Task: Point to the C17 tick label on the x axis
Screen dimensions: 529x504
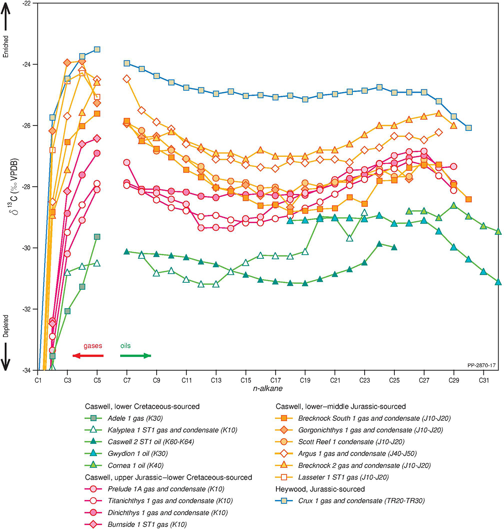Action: point(275,380)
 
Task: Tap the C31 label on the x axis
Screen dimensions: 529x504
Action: point(483,380)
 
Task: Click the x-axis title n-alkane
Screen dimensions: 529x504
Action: point(268,388)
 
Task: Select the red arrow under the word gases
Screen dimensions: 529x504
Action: point(88,356)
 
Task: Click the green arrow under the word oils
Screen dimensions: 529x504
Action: point(135,356)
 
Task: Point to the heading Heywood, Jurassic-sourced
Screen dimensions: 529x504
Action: point(320,489)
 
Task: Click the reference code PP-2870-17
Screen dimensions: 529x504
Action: point(481,366)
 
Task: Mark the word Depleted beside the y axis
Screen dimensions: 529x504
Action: point(6,326)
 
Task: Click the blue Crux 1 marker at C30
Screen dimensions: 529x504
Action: point(468,128)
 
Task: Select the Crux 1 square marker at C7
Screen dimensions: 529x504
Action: point(127,63)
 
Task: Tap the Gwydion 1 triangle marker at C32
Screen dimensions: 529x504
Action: point(498,282)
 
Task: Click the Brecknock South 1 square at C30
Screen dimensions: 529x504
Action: point(468,199)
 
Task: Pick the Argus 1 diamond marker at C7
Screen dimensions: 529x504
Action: point(127,79)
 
